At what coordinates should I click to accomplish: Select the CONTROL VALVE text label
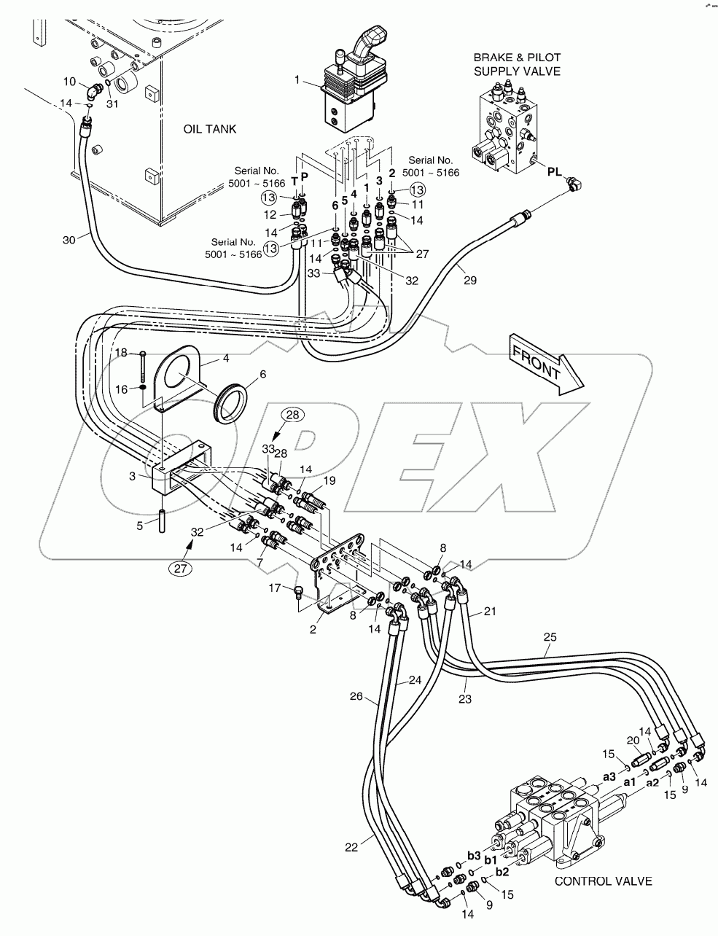[604, 881]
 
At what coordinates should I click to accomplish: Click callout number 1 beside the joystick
[297, 79]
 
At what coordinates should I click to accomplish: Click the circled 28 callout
[292, 415]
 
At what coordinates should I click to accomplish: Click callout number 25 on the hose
[550, 636]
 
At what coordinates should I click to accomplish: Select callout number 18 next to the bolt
[122, 353]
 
